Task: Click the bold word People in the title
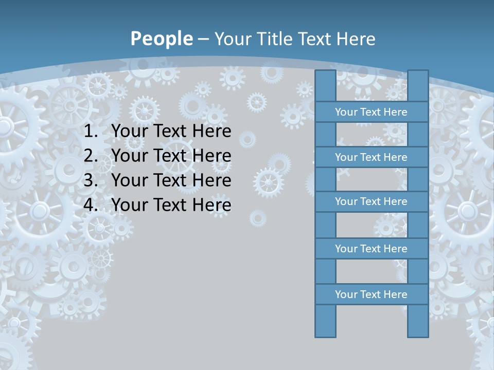coord(161,39)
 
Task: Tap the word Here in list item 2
coord(211,156)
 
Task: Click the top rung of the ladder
coord(371,112)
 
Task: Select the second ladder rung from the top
coord(371,157)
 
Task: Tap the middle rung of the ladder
coord(371,201)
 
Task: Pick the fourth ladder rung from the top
coord(371,249)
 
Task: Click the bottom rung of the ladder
coord(371,294)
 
